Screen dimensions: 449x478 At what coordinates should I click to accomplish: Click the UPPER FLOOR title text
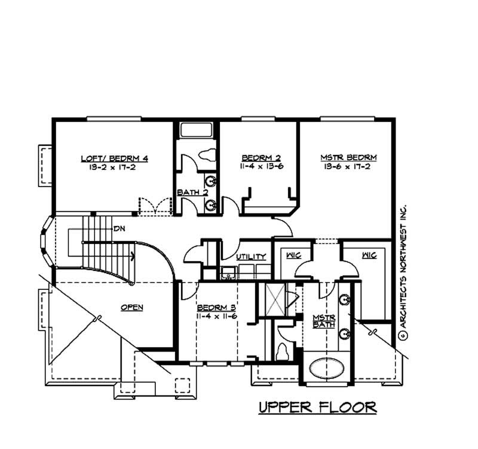point(317,408)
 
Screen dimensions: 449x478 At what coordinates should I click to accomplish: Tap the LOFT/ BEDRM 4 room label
point(114,158)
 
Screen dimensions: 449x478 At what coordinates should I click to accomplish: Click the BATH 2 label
point(192,193)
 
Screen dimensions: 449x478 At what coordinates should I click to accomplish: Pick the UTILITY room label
point(250,256)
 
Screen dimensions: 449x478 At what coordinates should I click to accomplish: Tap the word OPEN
point(131,307)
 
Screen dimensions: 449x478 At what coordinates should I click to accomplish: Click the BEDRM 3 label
point(217,307)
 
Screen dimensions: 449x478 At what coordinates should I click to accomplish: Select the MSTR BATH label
point(324,321)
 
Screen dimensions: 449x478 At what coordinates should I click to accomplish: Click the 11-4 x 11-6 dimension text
point(217,316)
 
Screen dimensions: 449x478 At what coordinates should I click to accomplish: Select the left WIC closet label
point(293,255)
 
